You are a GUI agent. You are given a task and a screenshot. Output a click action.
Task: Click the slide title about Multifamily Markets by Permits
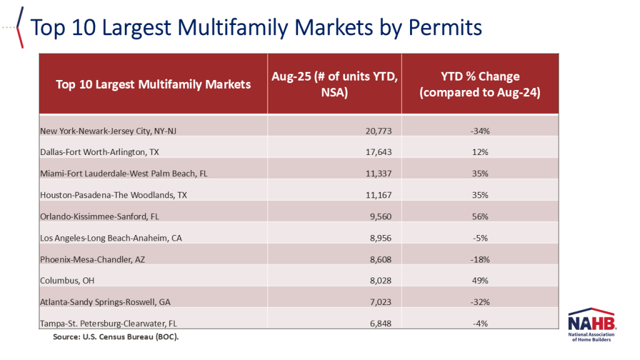click(256, 27)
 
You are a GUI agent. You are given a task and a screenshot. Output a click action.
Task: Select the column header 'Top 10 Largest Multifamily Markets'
click(153, 84)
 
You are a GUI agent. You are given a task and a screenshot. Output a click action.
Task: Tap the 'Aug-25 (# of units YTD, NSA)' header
click(334, 84)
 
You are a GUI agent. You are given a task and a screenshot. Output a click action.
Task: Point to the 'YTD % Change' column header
click(479, 84)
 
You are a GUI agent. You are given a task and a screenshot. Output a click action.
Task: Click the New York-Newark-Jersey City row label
click(109, 131)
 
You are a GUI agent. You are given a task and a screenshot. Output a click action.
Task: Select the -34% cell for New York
click(479, 131)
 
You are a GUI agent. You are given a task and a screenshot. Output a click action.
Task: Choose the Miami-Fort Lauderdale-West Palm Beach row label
click(123, 174)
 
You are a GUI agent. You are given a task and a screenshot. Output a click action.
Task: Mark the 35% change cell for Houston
click(479, 195)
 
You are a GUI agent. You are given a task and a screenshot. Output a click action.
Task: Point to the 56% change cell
click(479, 217)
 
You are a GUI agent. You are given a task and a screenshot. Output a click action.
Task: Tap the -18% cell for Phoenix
click(479, 259)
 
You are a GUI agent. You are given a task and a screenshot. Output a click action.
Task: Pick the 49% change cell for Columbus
click(479, 281)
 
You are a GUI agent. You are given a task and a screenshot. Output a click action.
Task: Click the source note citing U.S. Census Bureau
click(116, 337)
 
